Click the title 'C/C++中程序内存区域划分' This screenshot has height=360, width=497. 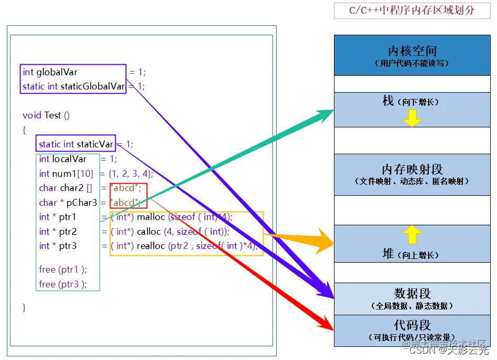pyautogui.click(x=412, y=11)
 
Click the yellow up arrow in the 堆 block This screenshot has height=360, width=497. pyautogui.click(x=412, y=234)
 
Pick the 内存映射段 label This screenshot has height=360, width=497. pyautogui.click(x=412, y=169)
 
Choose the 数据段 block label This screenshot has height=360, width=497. pyautogui.click(x=412, y=294)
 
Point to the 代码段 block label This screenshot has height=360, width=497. pyautogui.click(x=412, y=325)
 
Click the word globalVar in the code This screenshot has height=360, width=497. pyautogui.click(x=57, y=72)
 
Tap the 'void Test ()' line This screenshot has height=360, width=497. pyautogui.click(x=46, y=115)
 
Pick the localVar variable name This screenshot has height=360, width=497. pyautogui.click(x=69, y=159)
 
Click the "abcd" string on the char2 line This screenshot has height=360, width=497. pyautogui.click(x=125, y=188)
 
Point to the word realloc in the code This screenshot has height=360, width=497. pyautogui.click(x=151, y=246)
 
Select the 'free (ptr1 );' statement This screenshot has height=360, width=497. pyautogui.click(x=63, y=269)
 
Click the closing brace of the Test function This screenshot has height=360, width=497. pyautogui.click(x=24, y=307)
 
